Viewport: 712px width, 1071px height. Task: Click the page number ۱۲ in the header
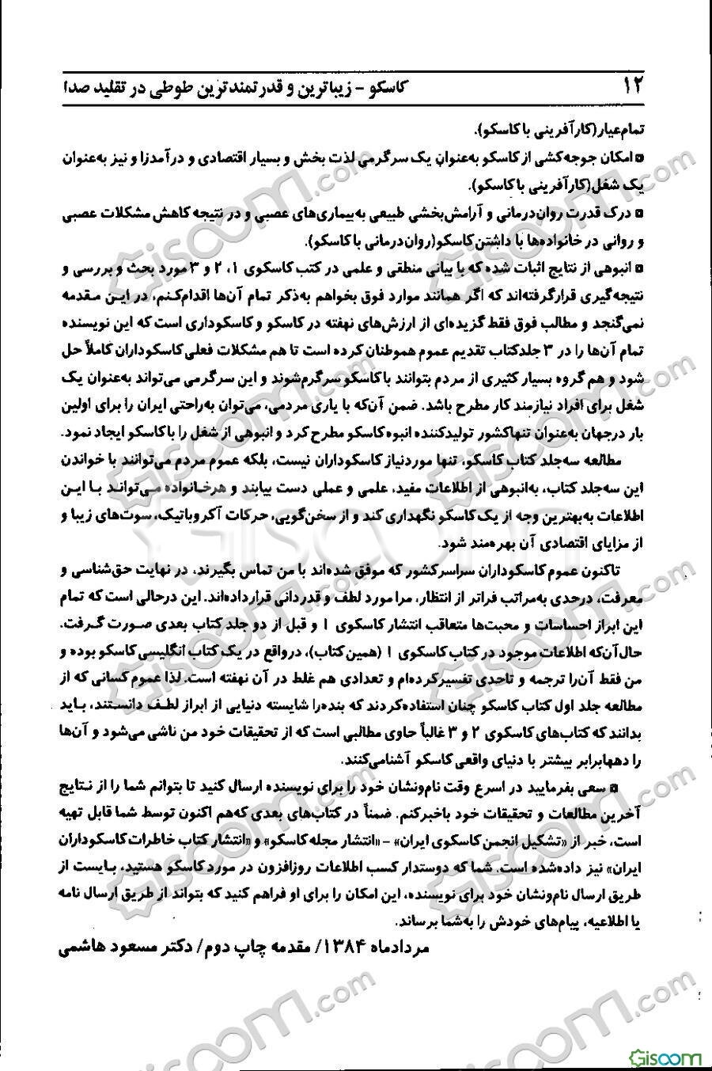point(634,85)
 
